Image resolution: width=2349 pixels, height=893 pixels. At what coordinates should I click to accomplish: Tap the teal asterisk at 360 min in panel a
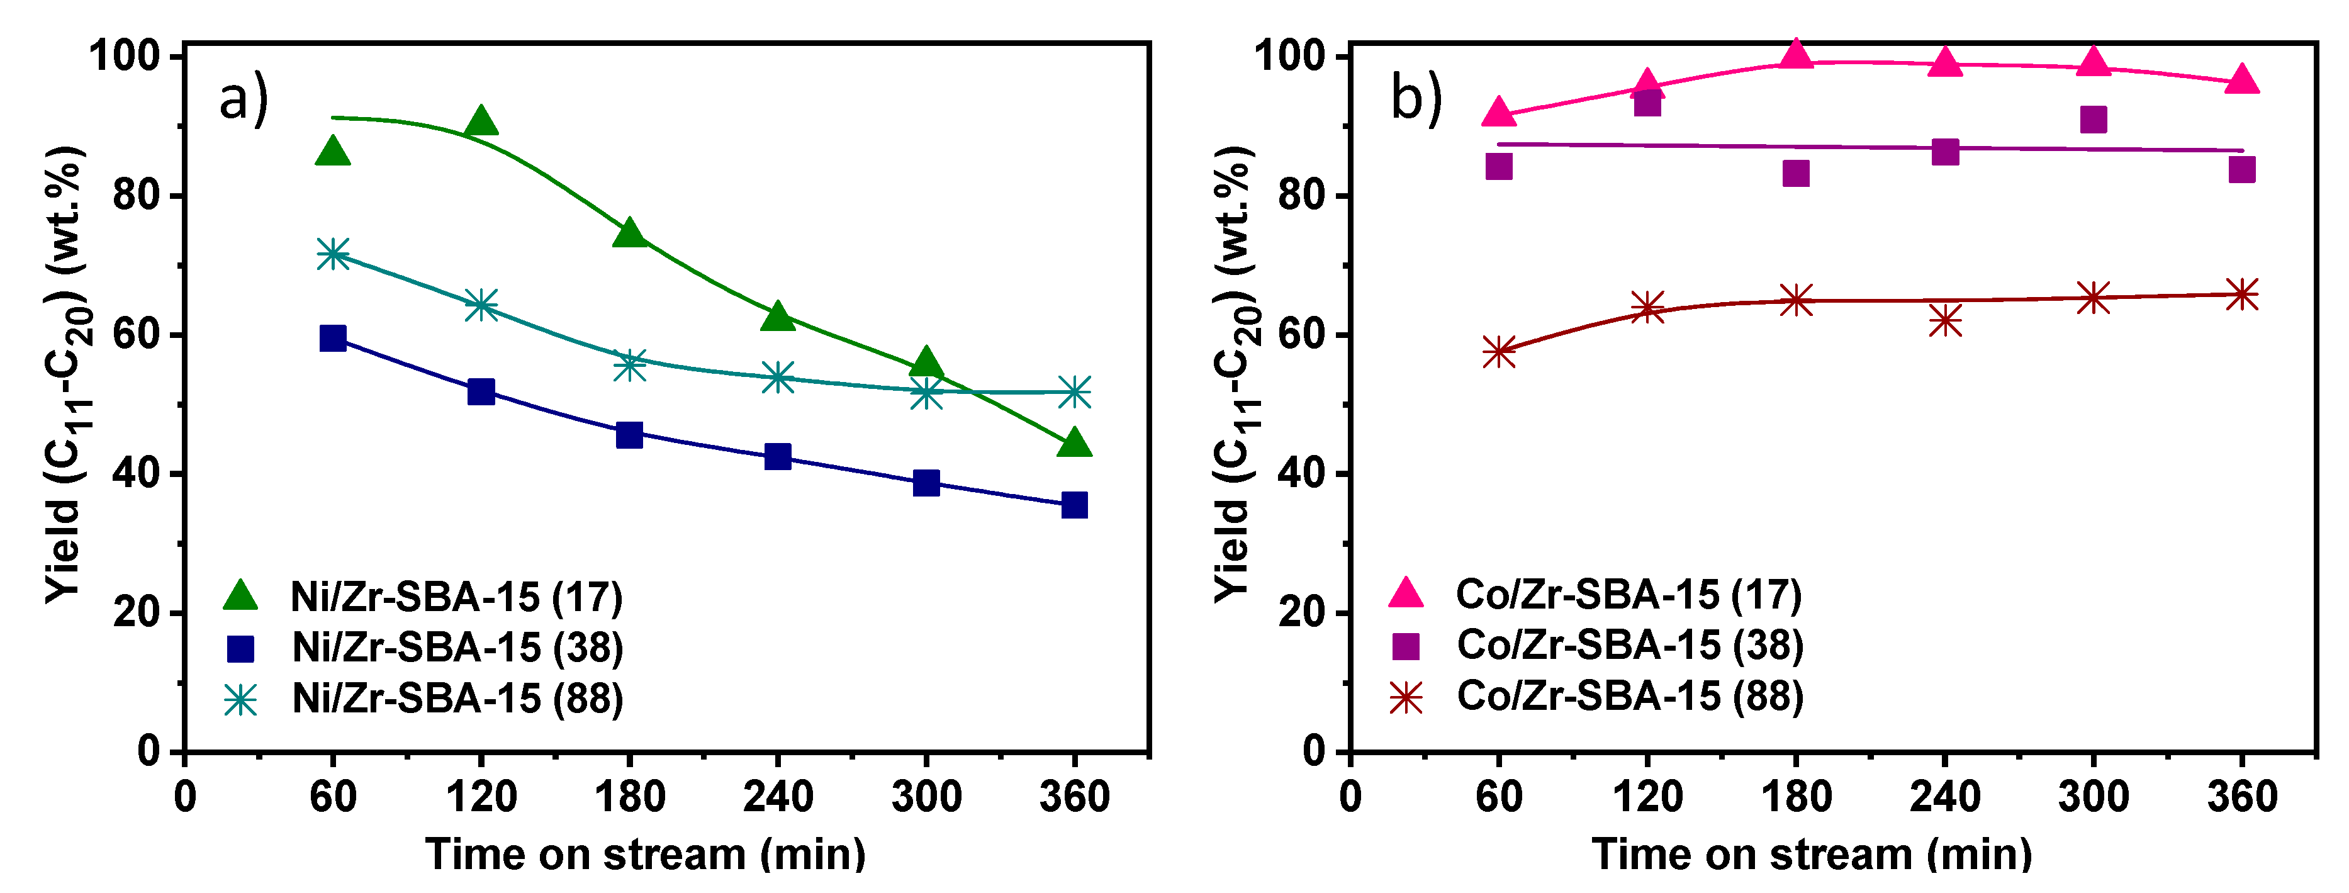1074,392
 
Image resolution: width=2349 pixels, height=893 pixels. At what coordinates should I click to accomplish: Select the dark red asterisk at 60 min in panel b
1499,352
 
